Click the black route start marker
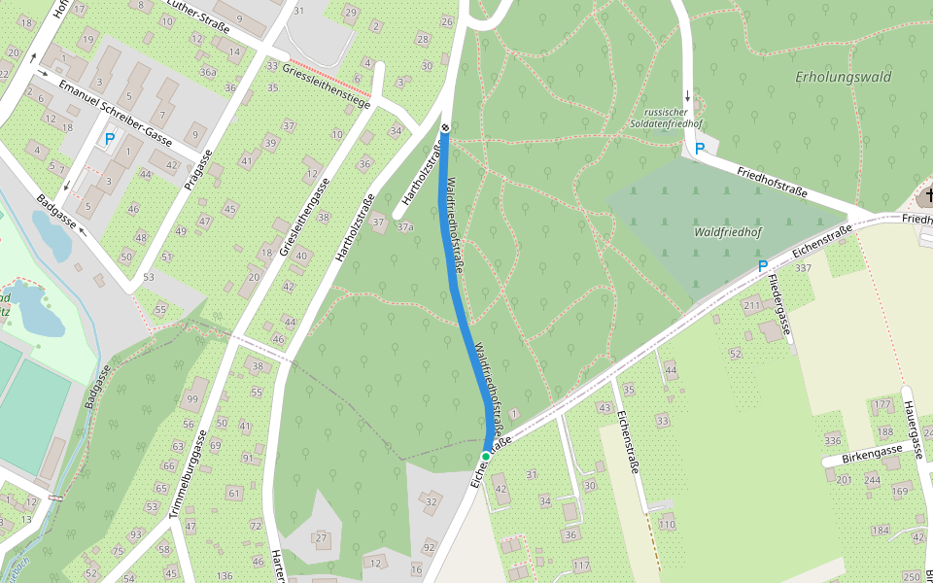pyautogui.click(x=445, y=128)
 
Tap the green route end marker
pyautogui.click(x=486, y=456)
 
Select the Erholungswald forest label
pyautogui.click(x=843, y=77)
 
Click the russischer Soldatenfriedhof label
pyautogui.click(x=672, y=118)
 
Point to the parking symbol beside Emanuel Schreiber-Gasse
pyautogui.click(x=109, y=140)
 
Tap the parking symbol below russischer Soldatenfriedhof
pyautogui.click(x=699, y=149)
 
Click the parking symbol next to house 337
pyautogui.click(x=763, y=265)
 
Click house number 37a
pyautogui.click(x=405, y=226)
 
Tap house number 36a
pyautogui.click(x=207, y=71)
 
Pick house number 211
pyautogui.click(x=751, y=306)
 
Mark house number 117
pyautogui.click(x=581, y=565)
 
